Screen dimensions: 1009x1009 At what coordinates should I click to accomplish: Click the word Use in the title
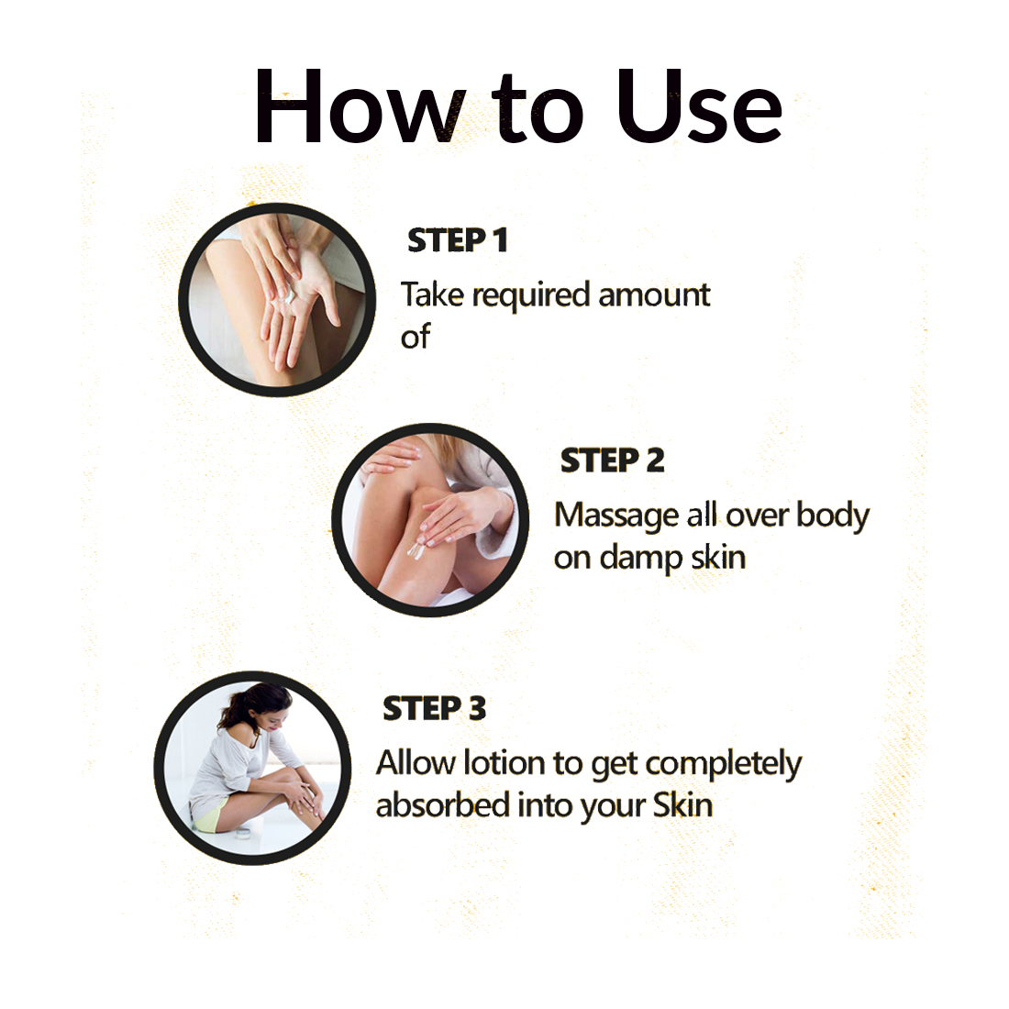coord(699,106)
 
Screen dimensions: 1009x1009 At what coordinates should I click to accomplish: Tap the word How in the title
coord(360,106)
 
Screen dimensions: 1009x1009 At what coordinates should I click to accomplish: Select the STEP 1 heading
coord(458,240)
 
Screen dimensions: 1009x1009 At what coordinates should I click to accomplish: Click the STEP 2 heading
coord(612,460)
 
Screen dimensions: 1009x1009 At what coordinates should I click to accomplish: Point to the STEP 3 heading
coord(435,708)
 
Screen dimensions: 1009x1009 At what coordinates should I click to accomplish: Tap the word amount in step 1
coord(654,296)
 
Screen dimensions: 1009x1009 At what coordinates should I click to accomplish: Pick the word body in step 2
coord(833,516)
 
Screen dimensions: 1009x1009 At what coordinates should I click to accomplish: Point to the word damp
coord(640,559)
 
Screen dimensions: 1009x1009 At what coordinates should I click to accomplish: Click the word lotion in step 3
coord(504,763)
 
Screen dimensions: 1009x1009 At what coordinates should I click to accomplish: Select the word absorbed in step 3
coord(442,805)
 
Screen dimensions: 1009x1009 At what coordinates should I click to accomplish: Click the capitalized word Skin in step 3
coord(682,805)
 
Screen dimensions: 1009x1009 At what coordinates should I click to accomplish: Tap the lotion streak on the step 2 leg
coord(415,549)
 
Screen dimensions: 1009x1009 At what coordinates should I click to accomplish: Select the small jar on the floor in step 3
coord(243,834)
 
